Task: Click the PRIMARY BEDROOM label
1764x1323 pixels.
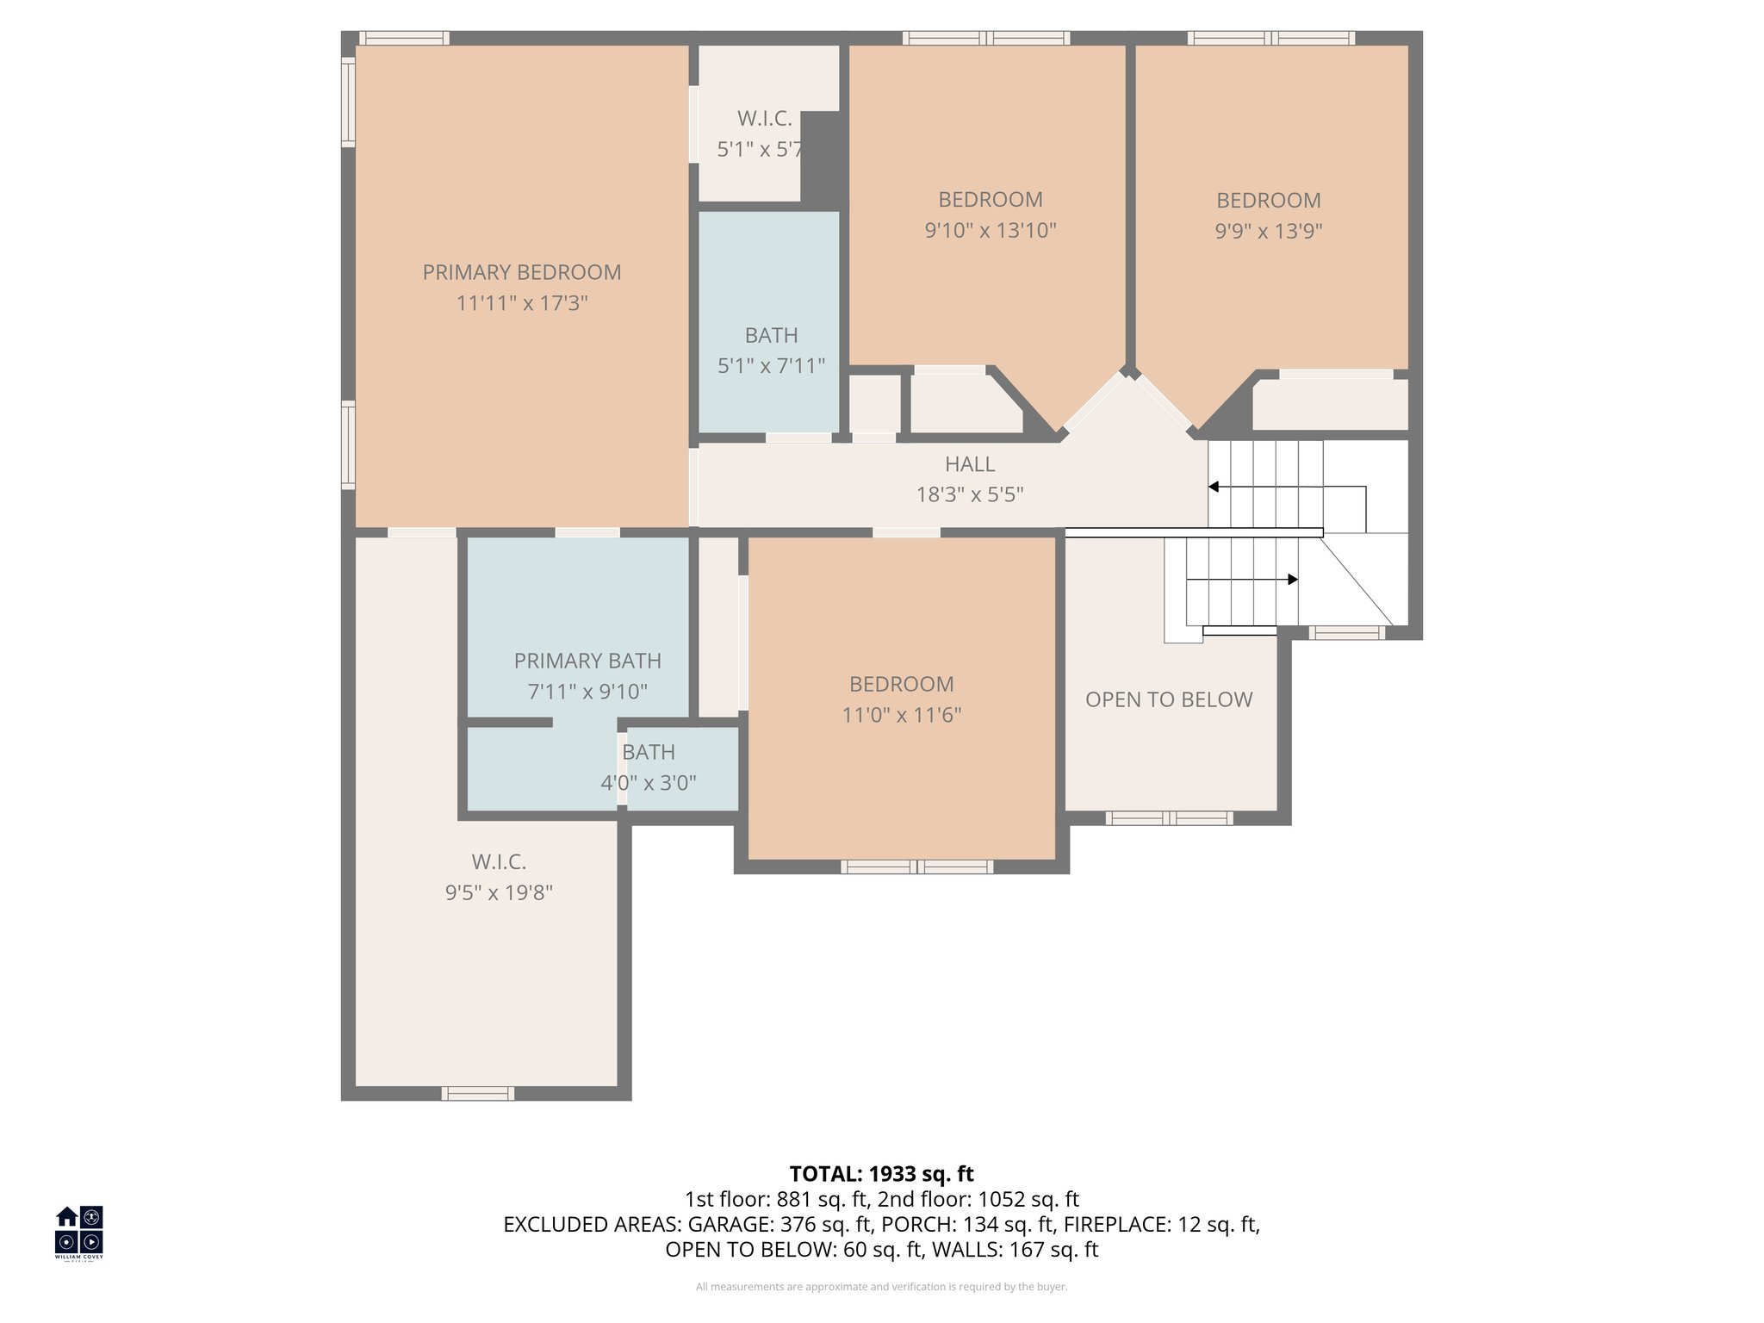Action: point(521,272)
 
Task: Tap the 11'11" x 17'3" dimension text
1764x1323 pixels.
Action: point(521,303)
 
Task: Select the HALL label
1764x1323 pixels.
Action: point(969,464)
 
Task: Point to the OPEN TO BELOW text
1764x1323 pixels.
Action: point(1168,699)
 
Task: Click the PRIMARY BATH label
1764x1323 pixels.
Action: point(587,661)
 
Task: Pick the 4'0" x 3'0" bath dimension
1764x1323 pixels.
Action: point(648,783)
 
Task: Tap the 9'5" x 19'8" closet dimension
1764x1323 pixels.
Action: point(499,892)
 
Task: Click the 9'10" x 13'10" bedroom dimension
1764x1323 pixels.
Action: point(990,231)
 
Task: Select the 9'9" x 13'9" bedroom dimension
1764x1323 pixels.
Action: point(1268,231)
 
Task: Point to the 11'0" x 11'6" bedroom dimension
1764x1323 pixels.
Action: point(901,715)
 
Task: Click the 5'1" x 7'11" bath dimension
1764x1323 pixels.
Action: point(771,366)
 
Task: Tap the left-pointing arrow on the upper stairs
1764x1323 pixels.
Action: point(1214,487)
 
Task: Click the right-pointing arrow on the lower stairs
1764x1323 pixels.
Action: point(1292,580)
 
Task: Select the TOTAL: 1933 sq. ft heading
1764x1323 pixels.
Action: point(881,1174)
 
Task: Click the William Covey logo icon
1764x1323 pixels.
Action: point(79,1230)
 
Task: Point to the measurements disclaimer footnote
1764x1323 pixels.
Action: point(881,1287)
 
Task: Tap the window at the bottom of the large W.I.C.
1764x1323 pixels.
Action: point(478,1093)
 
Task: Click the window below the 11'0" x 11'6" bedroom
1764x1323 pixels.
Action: point(916,866)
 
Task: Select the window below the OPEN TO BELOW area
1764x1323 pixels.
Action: point(1169,818)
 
